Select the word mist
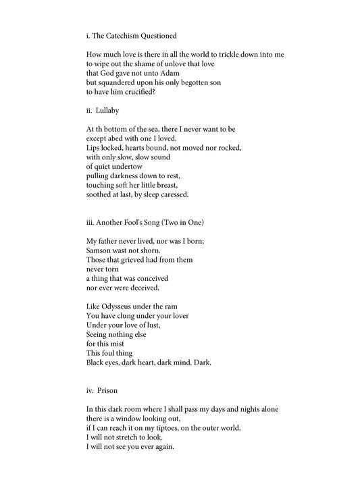click(120, 344)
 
